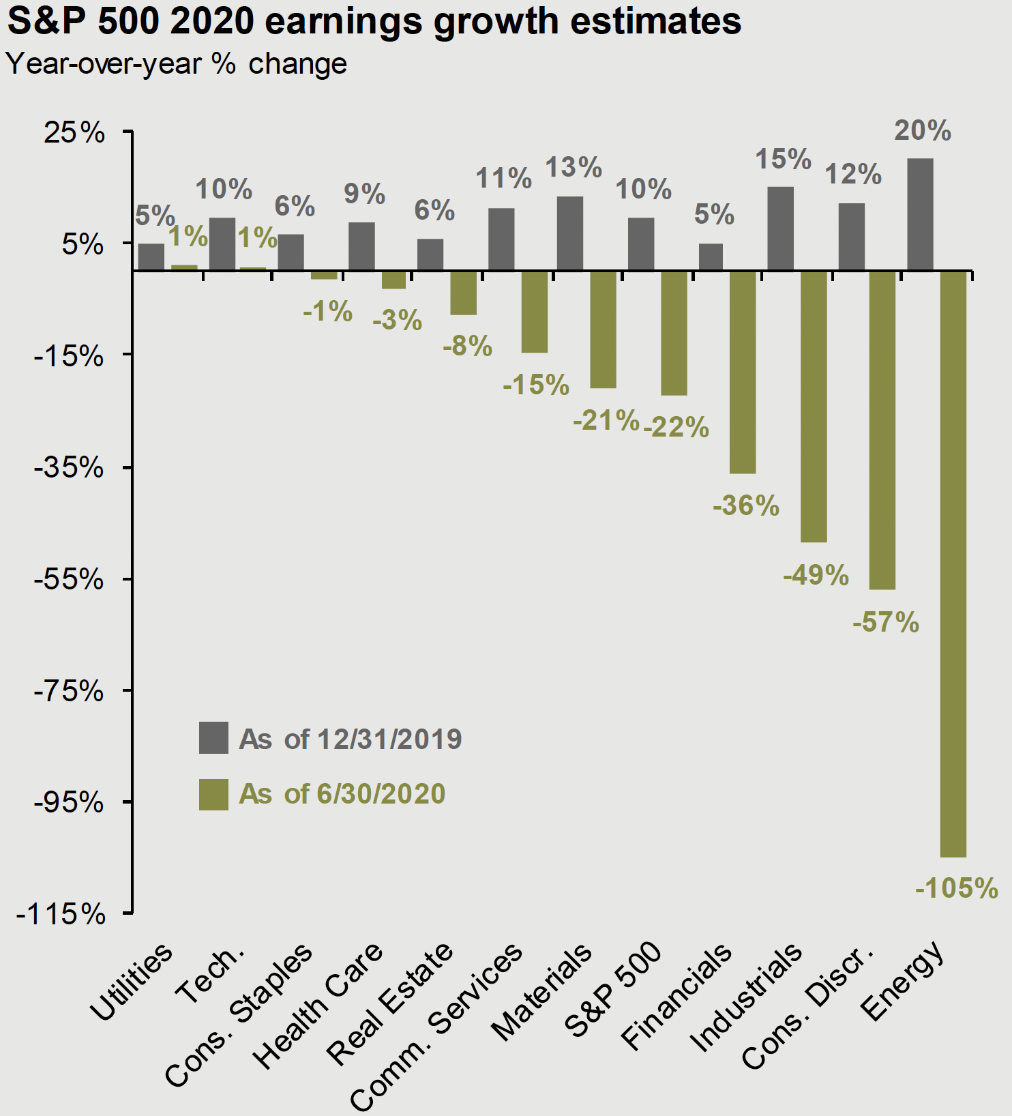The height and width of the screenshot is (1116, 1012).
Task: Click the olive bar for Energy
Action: [953, 563]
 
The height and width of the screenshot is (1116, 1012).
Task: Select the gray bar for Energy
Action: [920, 214]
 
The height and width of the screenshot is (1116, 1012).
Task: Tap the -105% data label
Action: [956, 888]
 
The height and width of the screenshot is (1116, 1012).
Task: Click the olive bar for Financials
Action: [743, 372]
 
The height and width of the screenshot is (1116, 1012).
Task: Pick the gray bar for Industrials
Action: [780, 229]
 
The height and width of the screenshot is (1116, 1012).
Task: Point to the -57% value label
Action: [885, 623]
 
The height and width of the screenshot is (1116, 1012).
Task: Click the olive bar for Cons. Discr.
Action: [882, 430]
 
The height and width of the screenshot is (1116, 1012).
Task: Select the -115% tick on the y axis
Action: [61, 914]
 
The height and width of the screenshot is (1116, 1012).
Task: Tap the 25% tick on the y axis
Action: [74, 132]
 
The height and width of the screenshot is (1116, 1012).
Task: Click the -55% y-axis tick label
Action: [69, 580]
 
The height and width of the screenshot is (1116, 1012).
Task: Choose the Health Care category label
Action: [317, 1006]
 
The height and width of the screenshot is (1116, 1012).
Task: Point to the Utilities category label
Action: [132, 982]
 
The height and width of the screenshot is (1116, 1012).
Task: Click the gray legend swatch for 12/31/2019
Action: [213, 737]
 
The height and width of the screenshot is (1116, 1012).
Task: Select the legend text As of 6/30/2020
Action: [342, 794]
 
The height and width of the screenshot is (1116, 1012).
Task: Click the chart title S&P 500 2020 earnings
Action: [374, 20]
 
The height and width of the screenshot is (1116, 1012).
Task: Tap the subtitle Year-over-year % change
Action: [177, 63]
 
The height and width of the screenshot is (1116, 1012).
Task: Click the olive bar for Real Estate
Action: [463, 293]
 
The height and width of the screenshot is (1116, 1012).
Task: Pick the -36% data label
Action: [745, 506]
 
